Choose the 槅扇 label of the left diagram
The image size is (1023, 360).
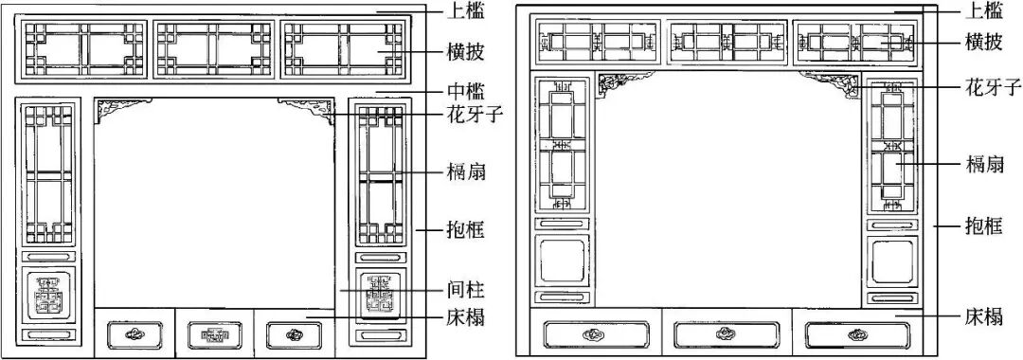click(x=466, y=171)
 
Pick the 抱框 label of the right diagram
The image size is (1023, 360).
click(x=983, y=226)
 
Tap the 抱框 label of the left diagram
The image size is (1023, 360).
click(x=466, y=229)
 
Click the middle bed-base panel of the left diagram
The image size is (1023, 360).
click(x=214, y=333)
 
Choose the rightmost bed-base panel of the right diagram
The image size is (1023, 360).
click(x=857, y=334)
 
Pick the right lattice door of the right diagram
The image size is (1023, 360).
click(x=891, y=147)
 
